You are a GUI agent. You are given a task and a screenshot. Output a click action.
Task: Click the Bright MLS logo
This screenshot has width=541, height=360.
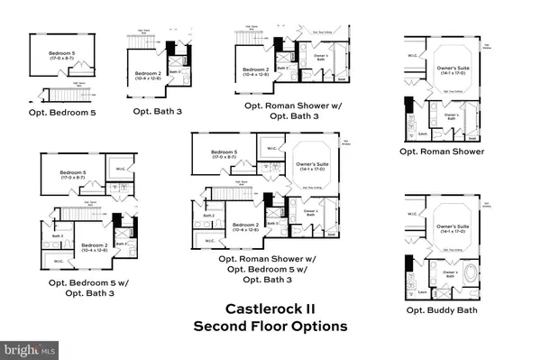[x=28, y=347]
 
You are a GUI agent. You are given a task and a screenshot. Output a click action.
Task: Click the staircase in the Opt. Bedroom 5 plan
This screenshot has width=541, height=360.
[x=64, y=96]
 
